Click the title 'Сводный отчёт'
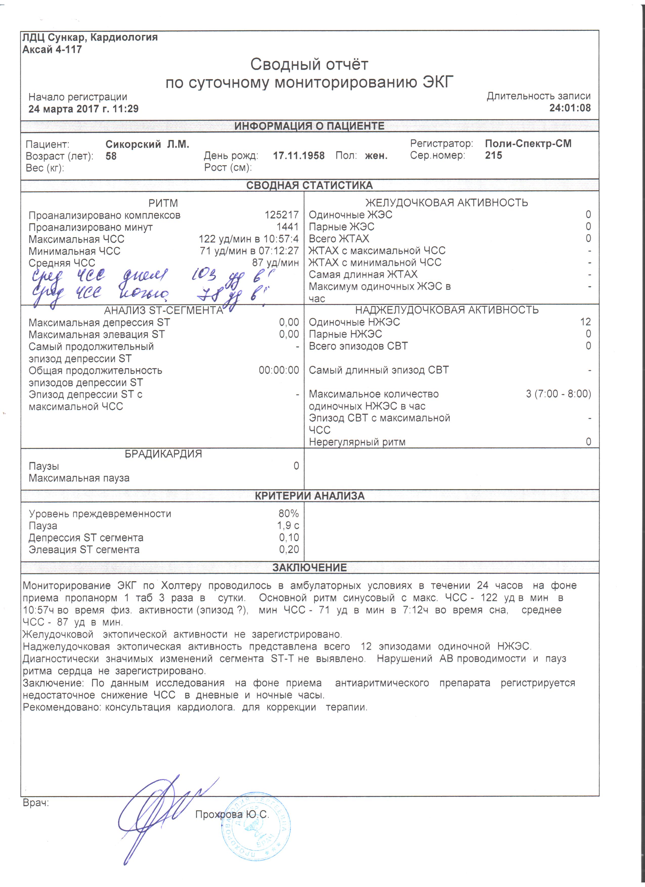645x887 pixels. pos(309,64)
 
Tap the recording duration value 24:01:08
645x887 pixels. pos(570,108)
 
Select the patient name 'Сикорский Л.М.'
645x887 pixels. pos(147,145)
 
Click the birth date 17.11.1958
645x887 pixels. pos(298,156)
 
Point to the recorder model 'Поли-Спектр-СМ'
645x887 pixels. pos(528,144)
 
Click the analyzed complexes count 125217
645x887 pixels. pos(282,215)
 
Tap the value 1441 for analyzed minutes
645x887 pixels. pos(288,227)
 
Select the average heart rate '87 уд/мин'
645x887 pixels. pos(275,263)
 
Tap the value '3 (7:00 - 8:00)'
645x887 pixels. pos(558,394)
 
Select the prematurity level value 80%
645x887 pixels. pos(289,514)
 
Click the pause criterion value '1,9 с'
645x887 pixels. pos(288,526)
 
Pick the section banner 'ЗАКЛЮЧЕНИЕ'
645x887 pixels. pos(309,567)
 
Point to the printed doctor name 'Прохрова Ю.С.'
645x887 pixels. pos(232,814)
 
